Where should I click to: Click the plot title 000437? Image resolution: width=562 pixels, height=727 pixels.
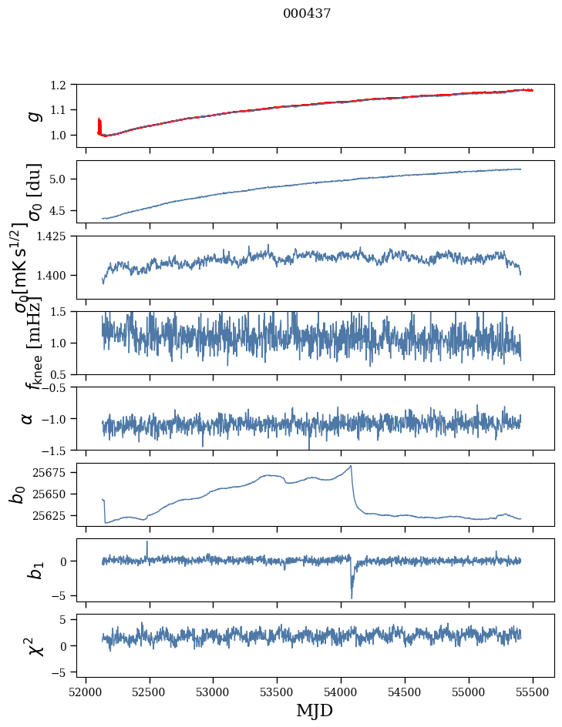[307, 14]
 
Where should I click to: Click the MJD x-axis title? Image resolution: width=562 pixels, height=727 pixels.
[315, 710]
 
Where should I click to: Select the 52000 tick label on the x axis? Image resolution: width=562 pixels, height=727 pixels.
[86, 692]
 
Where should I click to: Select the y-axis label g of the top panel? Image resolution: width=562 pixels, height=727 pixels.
[32, 116]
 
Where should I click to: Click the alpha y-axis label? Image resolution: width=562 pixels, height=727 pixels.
[28, 418]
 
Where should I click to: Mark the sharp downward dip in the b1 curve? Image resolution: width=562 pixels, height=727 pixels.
[352, 597]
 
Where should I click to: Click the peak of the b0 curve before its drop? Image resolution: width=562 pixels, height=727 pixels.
[351, 466]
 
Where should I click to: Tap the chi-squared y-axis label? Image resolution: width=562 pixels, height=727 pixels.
[32, 645]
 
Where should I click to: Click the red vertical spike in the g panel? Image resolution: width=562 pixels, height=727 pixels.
[99, 125]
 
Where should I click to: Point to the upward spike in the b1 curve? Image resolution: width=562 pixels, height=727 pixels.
[147, 542]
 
